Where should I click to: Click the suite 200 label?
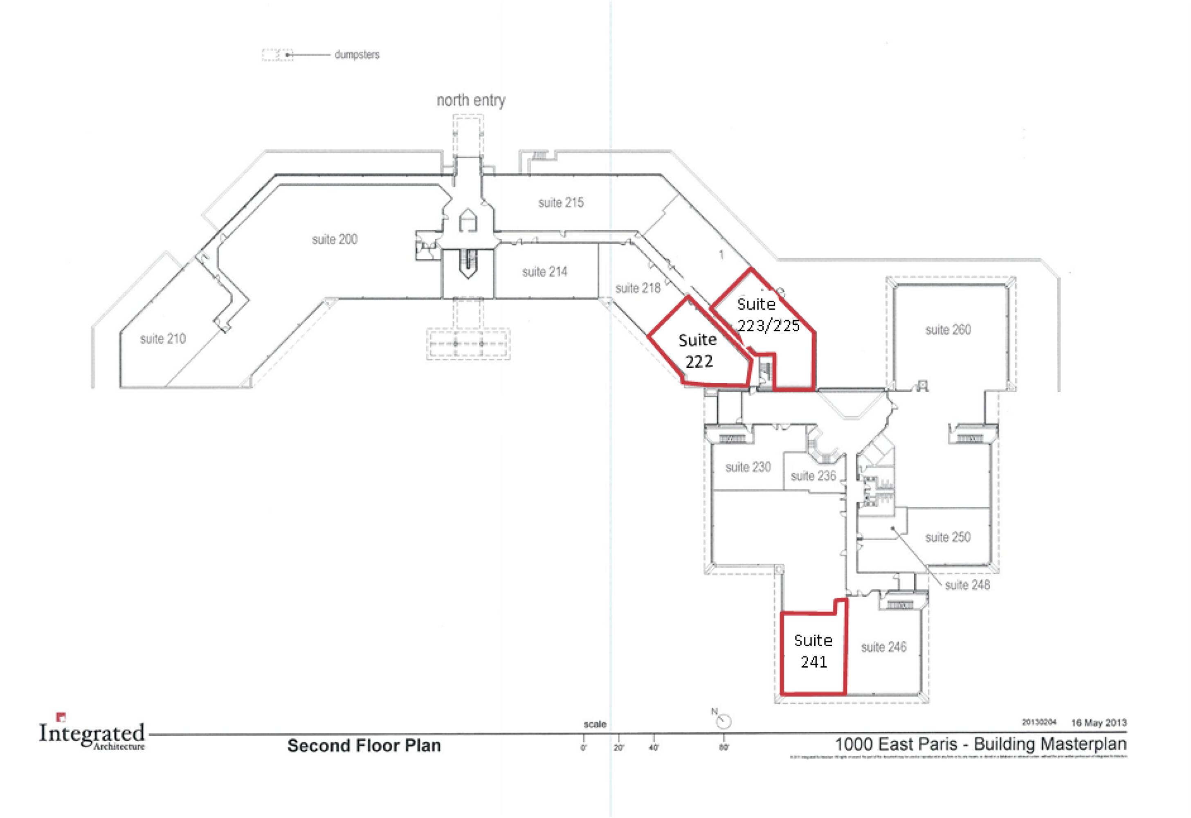tap(334, 239)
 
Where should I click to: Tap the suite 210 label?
tap(162, 339)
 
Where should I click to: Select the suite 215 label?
tap(561, 203)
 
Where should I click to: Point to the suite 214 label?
tap(544, 272)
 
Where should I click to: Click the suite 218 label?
tap(638, 289)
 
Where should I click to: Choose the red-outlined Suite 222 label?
tap(698, 351)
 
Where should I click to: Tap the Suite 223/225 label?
tap(768, 315)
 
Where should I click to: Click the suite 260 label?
tap(948, 330)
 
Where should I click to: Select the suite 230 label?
tap(748, 467)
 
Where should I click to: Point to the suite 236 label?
tap(813, 476)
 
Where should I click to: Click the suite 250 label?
tap(948, 537)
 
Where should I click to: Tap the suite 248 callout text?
tap(967, 585)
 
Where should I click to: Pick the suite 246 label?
tap(883, 647)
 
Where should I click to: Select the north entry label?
tap(470, 101)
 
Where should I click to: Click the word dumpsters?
tap(357, 55)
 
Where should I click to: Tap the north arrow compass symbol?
tap(723, 721)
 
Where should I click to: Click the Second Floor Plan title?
tap(364, 746)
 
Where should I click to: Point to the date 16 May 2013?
tap(1099, 723)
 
